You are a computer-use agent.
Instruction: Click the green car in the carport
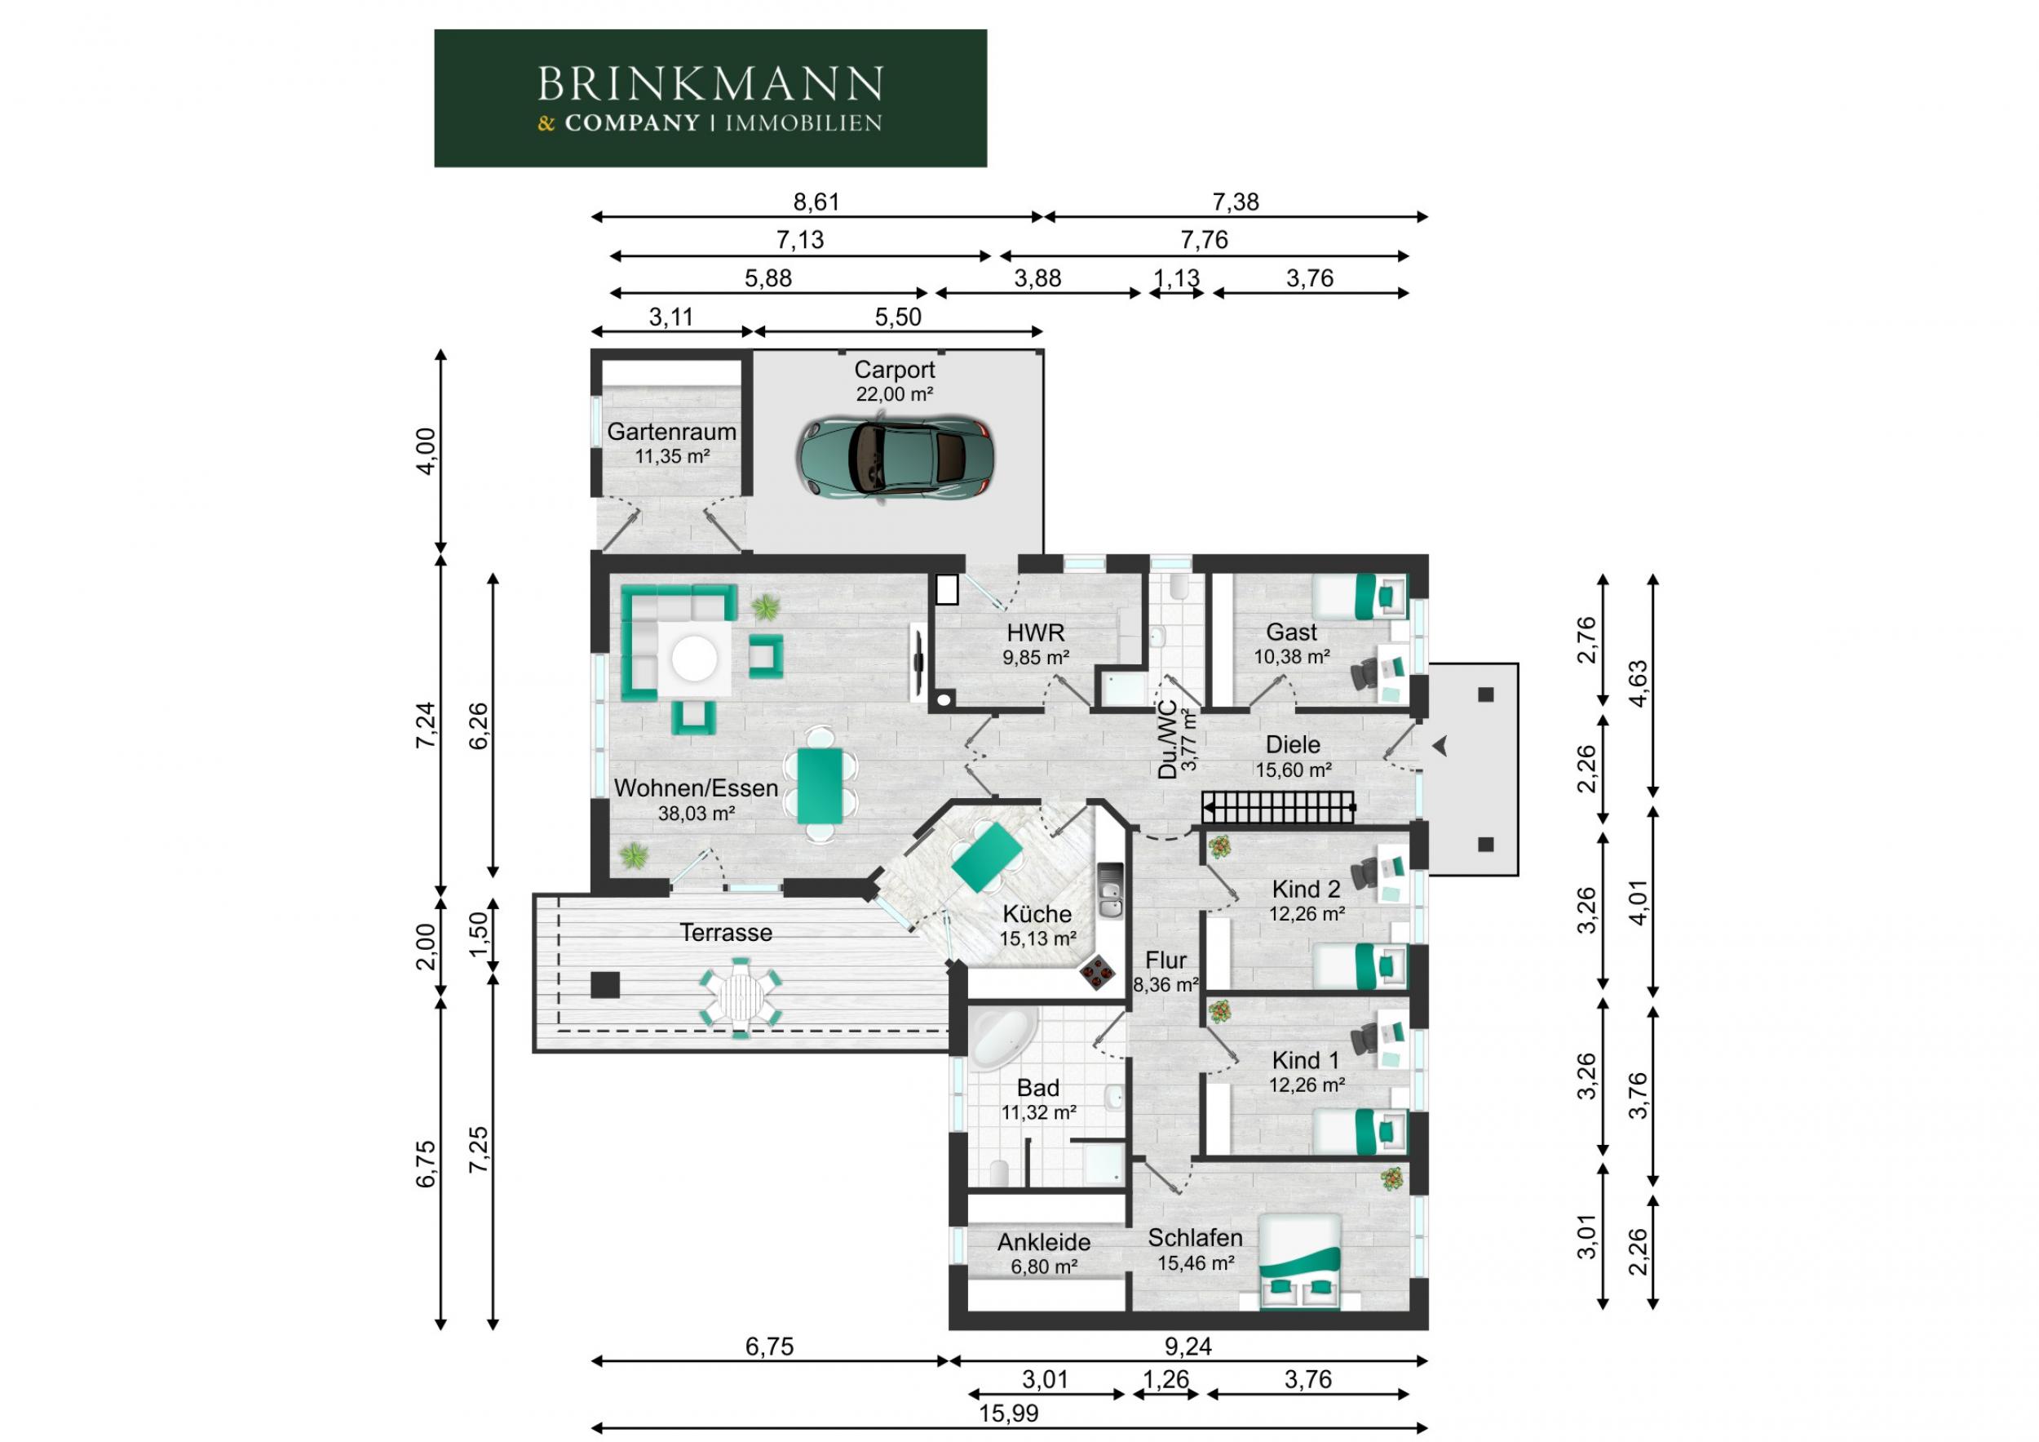(x=894, y=459)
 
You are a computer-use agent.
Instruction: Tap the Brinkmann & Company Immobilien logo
(x=710, y=99)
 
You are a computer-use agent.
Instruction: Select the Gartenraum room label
(x=671, y=432)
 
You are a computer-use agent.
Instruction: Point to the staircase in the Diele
(x=1279, y=808)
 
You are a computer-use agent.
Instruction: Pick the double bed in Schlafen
(x=1300, y=1261)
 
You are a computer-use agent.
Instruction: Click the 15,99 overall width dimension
(x=1008, y=1413)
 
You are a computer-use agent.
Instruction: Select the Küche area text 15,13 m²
(x=1037, y=938)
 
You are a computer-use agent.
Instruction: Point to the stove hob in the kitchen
(x=1098, y=972)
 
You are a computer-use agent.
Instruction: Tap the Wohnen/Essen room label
(x=697, y=788)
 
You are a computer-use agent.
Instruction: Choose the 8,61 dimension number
(x=816, y=202)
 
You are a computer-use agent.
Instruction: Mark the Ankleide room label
(x=1043, y=1242)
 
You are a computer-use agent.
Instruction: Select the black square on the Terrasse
(x=606, y=985)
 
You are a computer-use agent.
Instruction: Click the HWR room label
(x=1036, y=632)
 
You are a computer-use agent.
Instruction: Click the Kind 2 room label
(x=1307, y=889)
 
